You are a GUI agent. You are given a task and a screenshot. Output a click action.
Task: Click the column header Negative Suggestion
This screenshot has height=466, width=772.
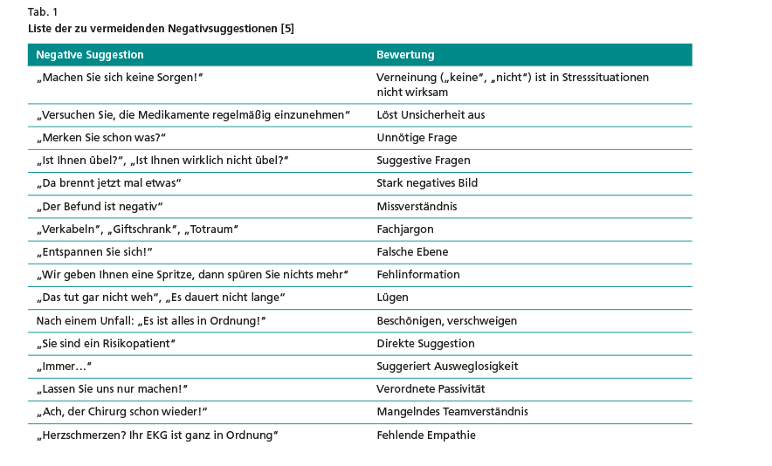click(x=90, y=55)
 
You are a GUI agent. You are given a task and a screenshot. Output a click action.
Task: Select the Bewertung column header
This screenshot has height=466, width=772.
click(x=405, y=55)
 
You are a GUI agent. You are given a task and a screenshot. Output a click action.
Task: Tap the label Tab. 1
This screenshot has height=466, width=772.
click(x=43, y=11)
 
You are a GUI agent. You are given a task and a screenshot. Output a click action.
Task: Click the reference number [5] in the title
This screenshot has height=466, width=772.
click(x=287, y=29)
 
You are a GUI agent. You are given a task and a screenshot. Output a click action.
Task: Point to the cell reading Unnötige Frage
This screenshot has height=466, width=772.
click(x=417, y=138)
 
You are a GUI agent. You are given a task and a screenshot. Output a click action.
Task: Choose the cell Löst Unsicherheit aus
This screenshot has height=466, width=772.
click(x=431, y=115)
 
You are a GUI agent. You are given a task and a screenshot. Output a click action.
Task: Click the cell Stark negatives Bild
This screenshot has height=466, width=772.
click(x=427, y=183)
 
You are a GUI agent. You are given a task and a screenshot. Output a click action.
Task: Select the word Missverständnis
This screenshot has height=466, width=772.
click(x=417, y=207)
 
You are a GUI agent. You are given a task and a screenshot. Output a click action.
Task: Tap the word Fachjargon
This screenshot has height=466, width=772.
click(x=405, y=229)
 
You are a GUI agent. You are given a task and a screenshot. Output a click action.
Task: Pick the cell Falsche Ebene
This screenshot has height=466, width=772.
click(x=412, y=252)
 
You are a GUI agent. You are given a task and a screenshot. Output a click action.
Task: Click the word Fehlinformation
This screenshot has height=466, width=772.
click(x=417, y=275)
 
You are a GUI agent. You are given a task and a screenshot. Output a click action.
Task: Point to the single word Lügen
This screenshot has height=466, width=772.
click(x=392, y=298)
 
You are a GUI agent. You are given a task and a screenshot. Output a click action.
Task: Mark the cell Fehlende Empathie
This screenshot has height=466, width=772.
click(x=426, y=435)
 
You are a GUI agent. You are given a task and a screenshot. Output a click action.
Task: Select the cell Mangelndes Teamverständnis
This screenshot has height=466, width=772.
click(x=452, y=412)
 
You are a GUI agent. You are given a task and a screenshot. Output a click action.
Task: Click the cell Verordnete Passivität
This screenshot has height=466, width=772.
click(x=431, y=389)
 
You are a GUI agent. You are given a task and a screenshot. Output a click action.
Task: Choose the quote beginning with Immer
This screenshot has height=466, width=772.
click(x=64, y=367)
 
